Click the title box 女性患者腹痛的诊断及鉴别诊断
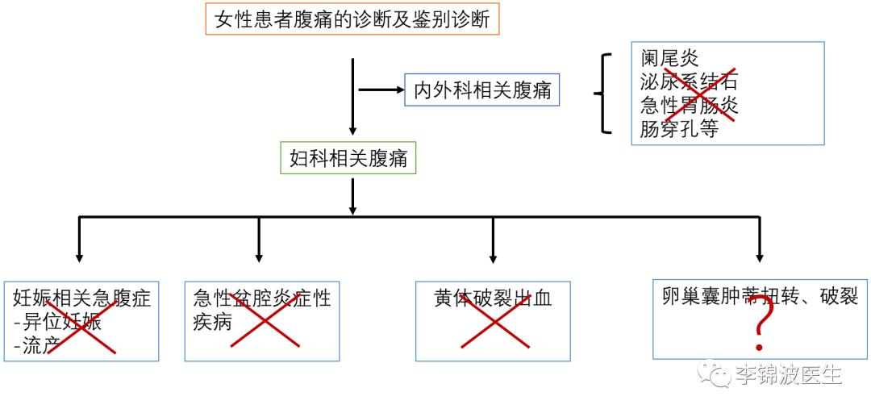tap(352, 18)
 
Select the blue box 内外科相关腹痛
tap(482, 90)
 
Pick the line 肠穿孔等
tap(679, 129)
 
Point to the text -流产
tap(38, 346)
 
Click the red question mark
tap(758, 332)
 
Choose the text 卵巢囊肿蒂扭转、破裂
tap(759, 296)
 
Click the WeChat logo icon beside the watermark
tap(715, 373)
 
